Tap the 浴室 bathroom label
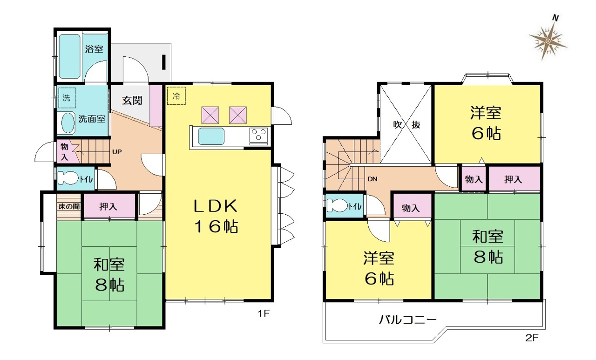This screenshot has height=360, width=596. coord(94,49)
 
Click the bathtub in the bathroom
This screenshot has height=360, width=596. coord(69,56)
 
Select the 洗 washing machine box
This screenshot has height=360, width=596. coord(67,98)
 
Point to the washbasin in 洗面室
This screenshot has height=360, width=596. coord(68,122)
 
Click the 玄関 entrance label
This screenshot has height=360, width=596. coord(132,100)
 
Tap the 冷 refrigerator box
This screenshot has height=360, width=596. coord(176,95)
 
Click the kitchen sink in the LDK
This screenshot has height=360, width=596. coord(211,136)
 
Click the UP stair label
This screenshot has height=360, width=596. coord(117,152)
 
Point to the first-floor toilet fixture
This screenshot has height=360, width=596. coord(68,178)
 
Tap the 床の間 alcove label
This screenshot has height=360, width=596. coord(69,206)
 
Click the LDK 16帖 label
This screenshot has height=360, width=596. coord(216,216)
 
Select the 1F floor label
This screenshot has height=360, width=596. coord(264,314)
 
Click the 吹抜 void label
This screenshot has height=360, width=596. coord(406,124)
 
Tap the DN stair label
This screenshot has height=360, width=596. coord(372,179)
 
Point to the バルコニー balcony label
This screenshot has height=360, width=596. coord(408,319)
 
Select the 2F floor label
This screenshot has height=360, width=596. coord(532,338)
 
